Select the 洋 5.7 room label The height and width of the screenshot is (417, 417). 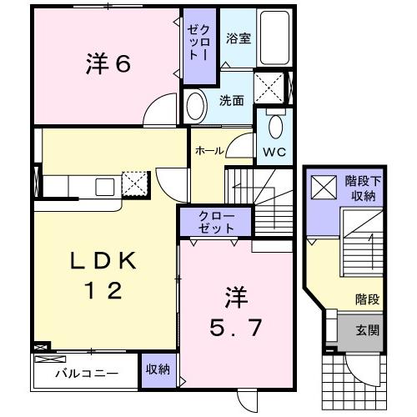(237, 313)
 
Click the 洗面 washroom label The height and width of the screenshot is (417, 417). (231, 101)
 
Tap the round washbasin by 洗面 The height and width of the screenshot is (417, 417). (195, 107)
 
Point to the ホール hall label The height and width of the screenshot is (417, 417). (207, 151)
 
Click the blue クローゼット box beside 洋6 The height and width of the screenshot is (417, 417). (198, 46)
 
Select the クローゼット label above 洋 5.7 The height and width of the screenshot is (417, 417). (216, 222)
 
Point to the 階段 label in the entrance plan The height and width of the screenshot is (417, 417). (364, 298)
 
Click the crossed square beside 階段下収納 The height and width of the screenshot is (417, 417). (321, 187)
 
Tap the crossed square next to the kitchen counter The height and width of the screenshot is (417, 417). (133, 183)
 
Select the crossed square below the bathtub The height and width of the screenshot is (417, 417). (269, 86)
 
